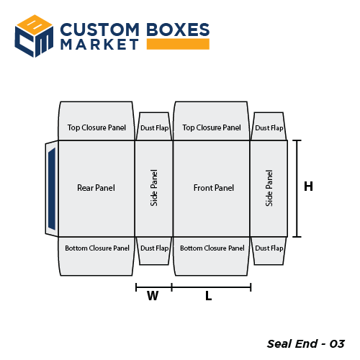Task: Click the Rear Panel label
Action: click(96, 188)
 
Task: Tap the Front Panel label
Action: click(214, 188)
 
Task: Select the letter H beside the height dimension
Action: click(308, 186)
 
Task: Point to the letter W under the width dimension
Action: click(153, 296)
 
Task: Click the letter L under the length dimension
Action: click(208, 296)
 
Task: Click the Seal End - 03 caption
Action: click(305, 343)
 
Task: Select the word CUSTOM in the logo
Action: click(99, 30)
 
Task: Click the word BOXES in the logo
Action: click(177, 30)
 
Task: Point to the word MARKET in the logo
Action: click(99, 45)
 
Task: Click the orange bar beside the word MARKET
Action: click(178, 45)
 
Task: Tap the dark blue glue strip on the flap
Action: click(50, 189)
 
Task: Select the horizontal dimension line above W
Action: click(153, 287)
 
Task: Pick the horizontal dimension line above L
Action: click(211, 287)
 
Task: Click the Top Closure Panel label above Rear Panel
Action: click(96, 127)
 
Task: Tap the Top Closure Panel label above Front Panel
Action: click(212, 127)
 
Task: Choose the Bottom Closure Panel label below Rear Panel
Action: click(97, 248)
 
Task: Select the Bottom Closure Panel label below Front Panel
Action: click(212, 248)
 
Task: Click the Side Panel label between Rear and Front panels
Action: click(154, 188)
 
